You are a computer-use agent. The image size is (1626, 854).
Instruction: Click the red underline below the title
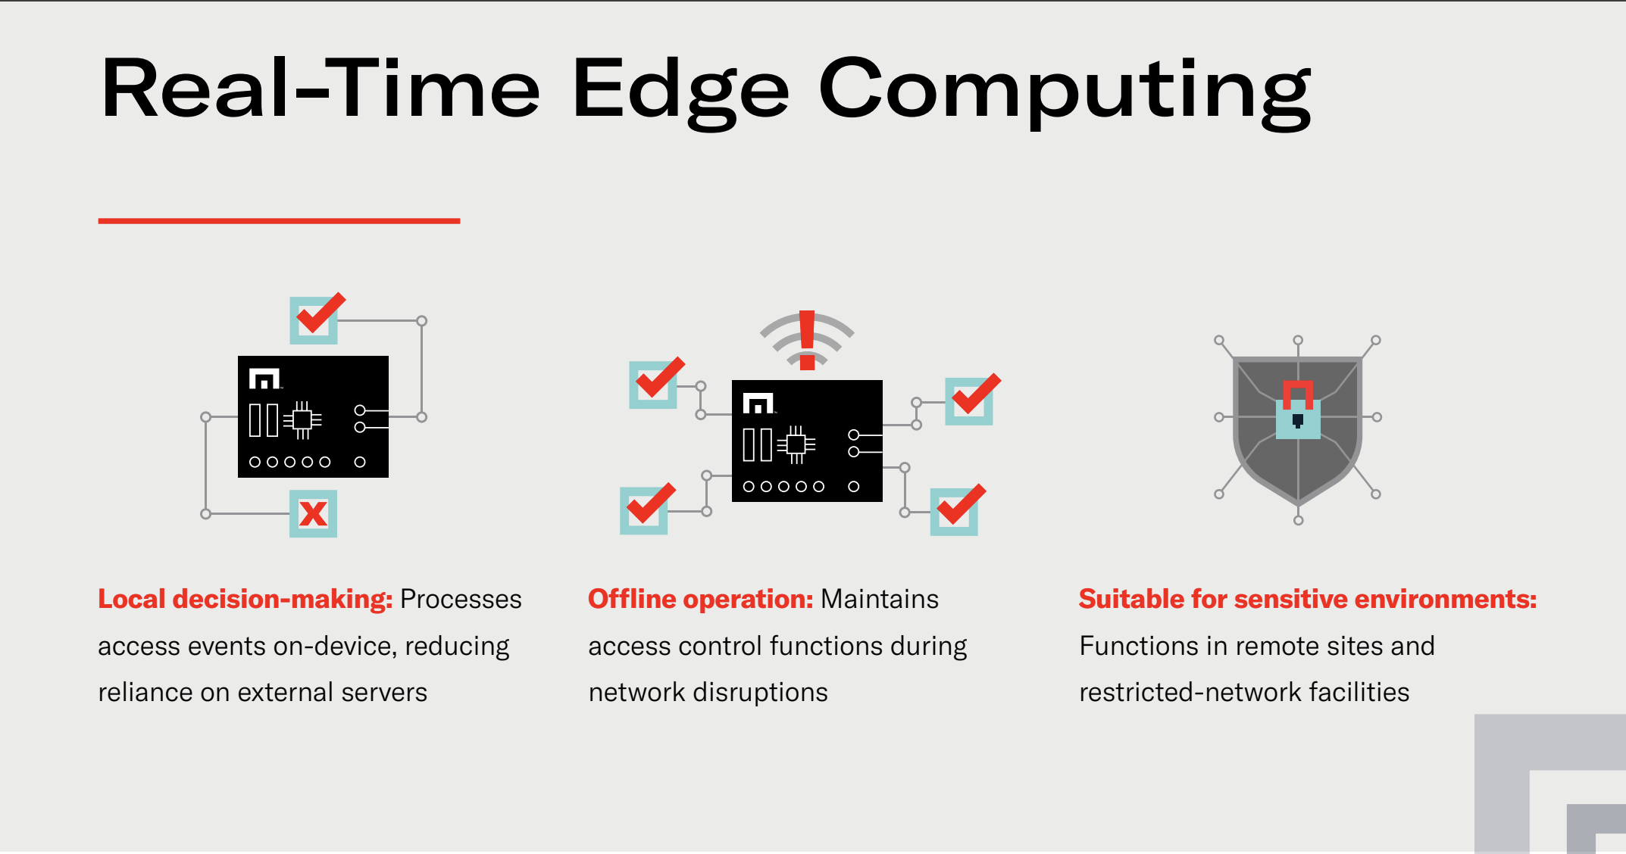(279, 221)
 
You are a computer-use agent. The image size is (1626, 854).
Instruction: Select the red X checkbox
(313, 514)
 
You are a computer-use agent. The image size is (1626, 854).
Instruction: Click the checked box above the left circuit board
(316, 319)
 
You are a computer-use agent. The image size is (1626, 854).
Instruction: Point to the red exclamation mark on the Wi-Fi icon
(807, 340)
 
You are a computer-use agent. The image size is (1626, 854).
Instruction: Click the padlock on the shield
(1298, 410)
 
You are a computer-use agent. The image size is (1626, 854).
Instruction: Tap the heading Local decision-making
(245, 599)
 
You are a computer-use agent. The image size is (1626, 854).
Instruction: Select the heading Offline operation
(701, 599)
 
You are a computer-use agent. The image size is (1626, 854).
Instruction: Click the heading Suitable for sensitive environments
(1308, 599)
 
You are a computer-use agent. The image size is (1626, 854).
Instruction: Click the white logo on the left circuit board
(264, 379)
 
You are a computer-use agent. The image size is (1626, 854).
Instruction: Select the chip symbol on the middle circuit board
(796, 444)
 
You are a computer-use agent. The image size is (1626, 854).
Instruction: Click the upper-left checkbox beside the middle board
(656, 383)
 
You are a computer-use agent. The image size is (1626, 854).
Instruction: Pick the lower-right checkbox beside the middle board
(957, 510)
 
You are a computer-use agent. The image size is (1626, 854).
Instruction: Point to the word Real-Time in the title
(321, 89)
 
